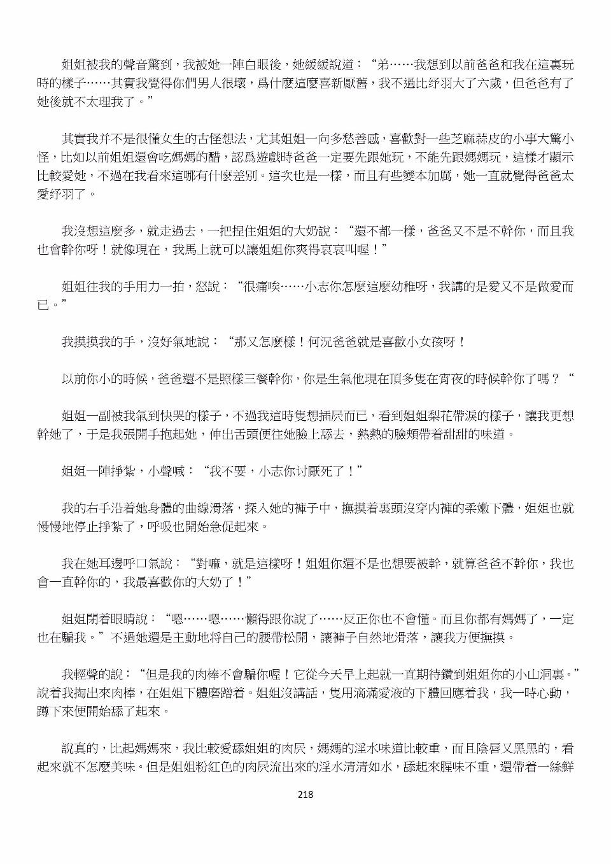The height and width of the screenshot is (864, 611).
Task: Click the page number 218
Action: click(305, 794)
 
